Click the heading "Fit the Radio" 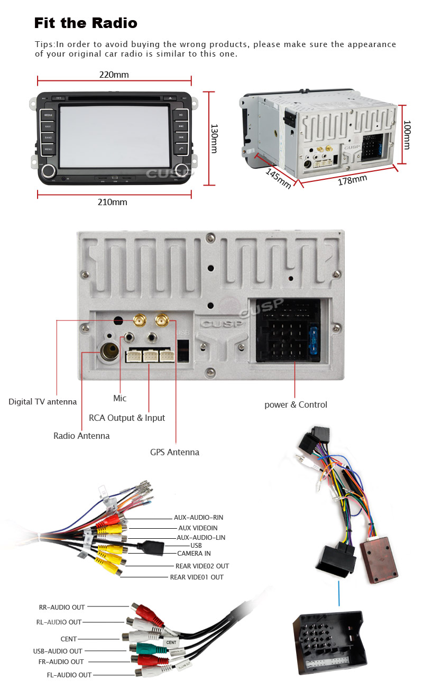[x=86, y=23]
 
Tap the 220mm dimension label [x=114, y=75]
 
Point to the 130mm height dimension [x=214, y=139]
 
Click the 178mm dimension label [x=352, y=180]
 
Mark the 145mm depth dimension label [x=278, y=179]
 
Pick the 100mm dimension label [x=407, y=135]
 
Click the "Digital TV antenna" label [x=42, y=402]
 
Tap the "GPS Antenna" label [x=174, y=452]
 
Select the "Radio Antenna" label [x=81, y=436]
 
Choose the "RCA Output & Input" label [x=127, y=418]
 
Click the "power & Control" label [x=296, y=404]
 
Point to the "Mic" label [x=120, y=398]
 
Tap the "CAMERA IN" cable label [x=194, y=553]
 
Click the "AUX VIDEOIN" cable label [x=198, y=528]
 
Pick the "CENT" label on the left [x=69, y=639]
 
